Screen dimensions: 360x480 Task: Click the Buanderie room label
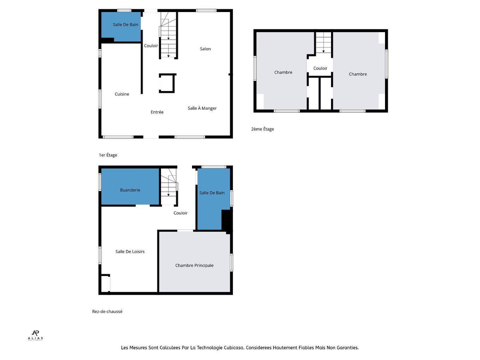(130, 190)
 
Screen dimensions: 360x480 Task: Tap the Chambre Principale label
(194, 265)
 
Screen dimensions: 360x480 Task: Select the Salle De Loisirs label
(130, 252)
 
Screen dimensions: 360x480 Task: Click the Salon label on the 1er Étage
(205, 49)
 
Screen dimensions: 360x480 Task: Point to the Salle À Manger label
(202, 108)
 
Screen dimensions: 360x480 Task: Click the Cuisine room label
(122, 94)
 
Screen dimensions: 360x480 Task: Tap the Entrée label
(157, 112)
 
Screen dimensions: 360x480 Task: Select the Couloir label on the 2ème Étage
(320, 68)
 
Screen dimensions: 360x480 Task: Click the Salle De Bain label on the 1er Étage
(125, 25)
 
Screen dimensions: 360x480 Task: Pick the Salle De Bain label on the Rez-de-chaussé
(212, 193)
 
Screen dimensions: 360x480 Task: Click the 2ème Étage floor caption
(262, 129)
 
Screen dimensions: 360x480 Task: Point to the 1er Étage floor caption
(108, 155)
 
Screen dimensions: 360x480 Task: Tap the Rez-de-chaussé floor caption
(107, 312)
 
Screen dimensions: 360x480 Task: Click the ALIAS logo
(35, 335)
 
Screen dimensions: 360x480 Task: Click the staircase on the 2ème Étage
(323, 43)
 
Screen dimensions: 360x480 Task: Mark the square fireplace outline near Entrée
(167, 83)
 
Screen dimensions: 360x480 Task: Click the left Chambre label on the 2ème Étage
(283, 72)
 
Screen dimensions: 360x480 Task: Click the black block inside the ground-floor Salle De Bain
(226, 220)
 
